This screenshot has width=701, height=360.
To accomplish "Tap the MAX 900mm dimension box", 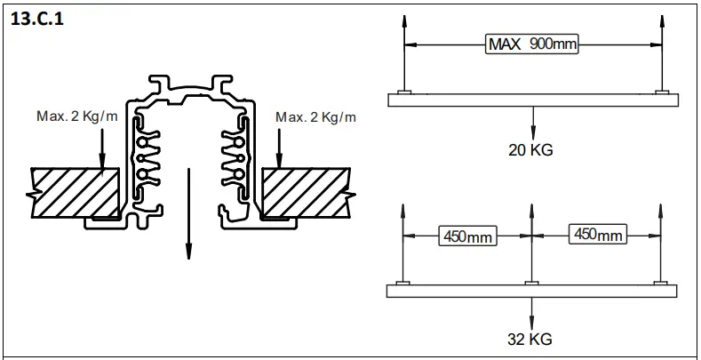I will click(531, 44).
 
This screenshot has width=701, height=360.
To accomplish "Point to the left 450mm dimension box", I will click(467, 236).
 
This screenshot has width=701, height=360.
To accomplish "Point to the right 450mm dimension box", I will click(597, 235).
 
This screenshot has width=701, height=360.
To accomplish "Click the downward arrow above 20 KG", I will click(532, 122).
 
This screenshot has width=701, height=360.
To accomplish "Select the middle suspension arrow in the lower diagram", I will click(530, 240).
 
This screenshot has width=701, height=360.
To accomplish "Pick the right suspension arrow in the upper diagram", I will click(658, 53).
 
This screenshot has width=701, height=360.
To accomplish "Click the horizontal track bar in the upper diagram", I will click(531, 100).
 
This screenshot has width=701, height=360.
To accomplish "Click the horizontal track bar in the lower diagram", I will click(531, 291).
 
